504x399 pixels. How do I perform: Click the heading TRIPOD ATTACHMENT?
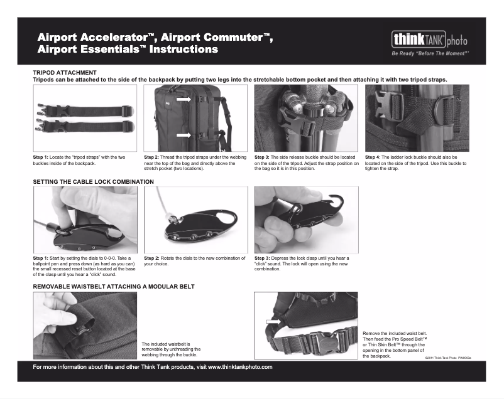pyautogui.click(x=64, y=73)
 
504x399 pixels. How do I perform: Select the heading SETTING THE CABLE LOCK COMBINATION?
pyautogui.click(x=93, y=181)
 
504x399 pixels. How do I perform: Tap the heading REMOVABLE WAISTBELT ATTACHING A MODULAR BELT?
pyautogui.click(x=113, y=286)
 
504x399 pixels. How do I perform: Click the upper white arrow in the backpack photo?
pyautogui.click(x=183, y=100)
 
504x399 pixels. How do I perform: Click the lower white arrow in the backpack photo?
pyautogui.click(x=183, y=135)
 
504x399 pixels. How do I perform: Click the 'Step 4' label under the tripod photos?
pyautogui.click(x=373, y=157)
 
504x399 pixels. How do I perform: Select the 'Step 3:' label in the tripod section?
pyautogui.click(x=263, y=157)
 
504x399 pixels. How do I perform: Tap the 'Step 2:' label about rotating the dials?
pyautogui.click(x=152, y=258)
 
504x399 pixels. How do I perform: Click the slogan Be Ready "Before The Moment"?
pyautogui.click(x=430, y=54)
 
